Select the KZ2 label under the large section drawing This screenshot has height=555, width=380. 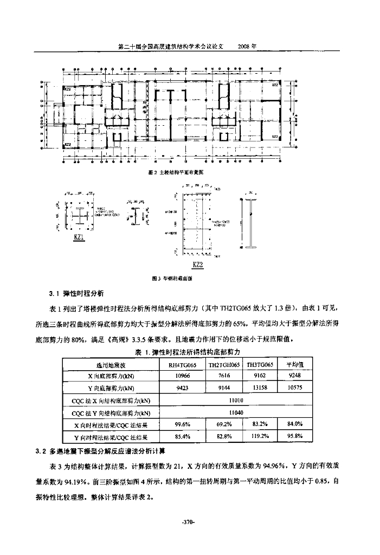click(197, 265)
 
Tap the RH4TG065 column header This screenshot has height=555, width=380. click(182, 365)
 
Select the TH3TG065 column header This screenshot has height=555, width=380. click(260, 365)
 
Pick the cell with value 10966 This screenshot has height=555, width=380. click(182, 376)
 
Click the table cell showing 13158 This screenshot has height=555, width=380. click(260, 388)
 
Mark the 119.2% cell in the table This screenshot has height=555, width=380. click(260, 436)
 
